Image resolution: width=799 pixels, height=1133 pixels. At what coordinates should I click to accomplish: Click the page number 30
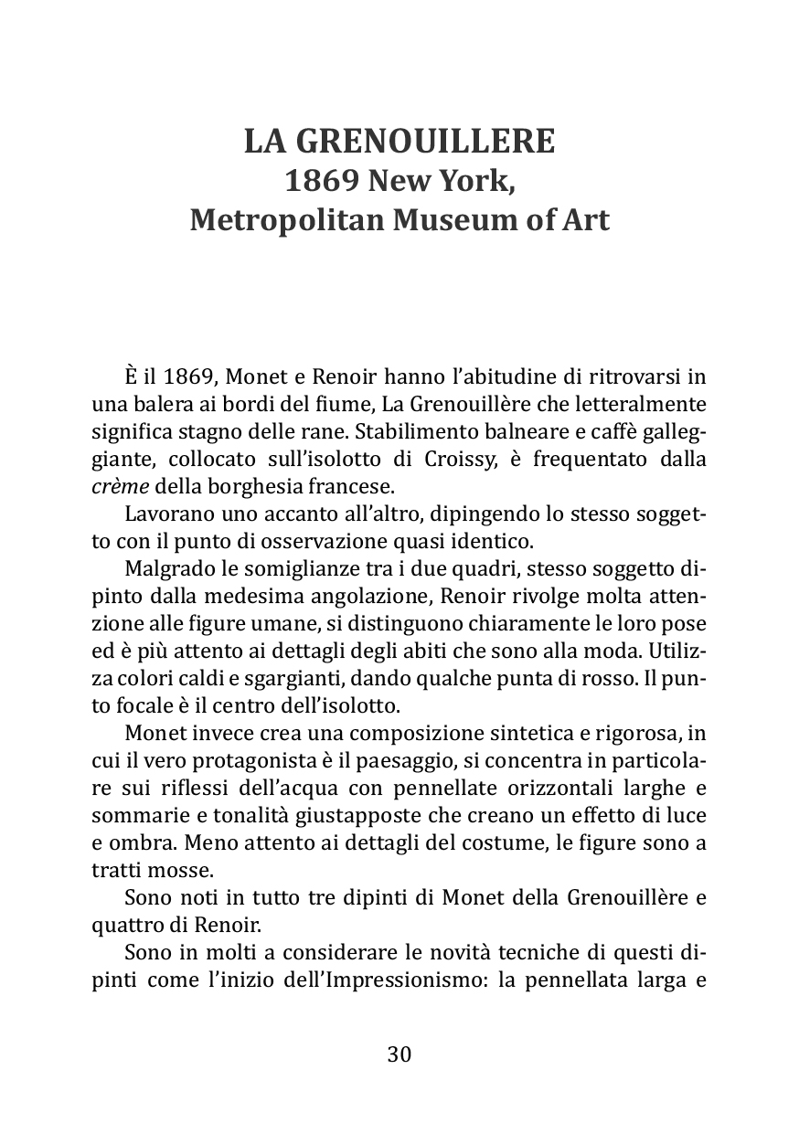399,1054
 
